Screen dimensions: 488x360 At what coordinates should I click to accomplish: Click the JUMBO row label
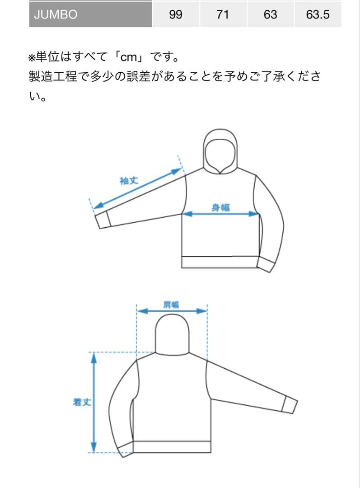[56, 14]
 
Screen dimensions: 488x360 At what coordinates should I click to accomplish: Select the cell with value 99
[175, 14]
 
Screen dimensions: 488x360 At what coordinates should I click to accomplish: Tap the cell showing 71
[222, 14]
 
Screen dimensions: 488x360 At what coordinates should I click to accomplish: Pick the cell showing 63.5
[318, 14]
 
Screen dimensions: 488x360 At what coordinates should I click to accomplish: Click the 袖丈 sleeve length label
[129, 181]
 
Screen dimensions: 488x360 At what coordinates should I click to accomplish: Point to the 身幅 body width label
[220, 207]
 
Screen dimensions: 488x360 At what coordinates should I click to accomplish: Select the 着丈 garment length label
[82, 402]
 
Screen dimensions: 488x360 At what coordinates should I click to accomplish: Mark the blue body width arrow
[220, 215]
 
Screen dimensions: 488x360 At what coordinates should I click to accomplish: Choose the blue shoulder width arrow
[172, 311]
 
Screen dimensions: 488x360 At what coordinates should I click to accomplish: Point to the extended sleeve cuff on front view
[103, 220]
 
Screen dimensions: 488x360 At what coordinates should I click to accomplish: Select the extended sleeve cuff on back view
[289, 404]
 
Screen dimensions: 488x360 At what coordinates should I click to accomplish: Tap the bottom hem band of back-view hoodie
[172, 446]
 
